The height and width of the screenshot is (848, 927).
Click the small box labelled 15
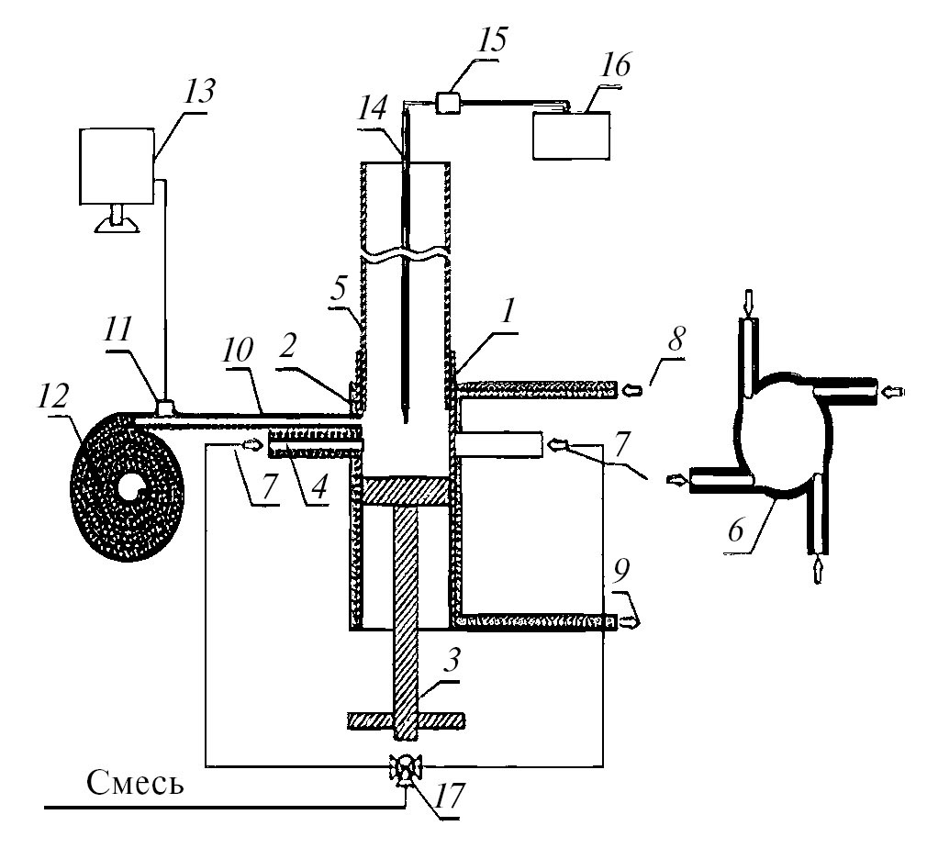(449, 102)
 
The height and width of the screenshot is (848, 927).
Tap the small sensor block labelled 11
(166, 407)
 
